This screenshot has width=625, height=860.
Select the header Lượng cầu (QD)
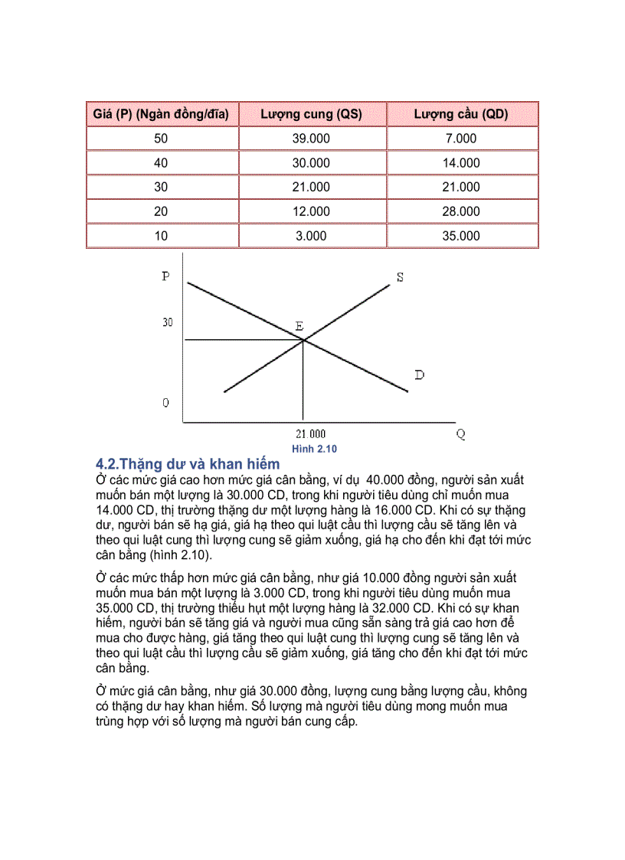pyautogui.click(x=461, y=115)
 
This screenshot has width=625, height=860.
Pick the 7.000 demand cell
pyautogui.click(x=461, y=139)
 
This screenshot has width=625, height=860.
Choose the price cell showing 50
pyautogui.click(x=161, y=139)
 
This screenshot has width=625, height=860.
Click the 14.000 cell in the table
pyautogui.click(x=461, y=163)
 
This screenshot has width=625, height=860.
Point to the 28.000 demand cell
pyautogui.click(x=461, y=211)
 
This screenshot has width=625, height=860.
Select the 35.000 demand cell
pyautogui.click(x=461, y=236)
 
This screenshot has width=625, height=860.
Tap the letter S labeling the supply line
pyautogui.click(x=400, y=277)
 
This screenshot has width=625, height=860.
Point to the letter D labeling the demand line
pyautogui.click(x=419, y=374)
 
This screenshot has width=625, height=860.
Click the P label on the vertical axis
pyautogui.click(x=166, y=276)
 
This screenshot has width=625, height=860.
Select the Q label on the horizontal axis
pyautogui.click(x=460, y=434)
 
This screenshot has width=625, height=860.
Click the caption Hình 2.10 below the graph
pyautogui.click(x=314, y=450)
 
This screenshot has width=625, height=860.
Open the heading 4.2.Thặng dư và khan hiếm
pyautogui.click(x=188, y=464)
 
